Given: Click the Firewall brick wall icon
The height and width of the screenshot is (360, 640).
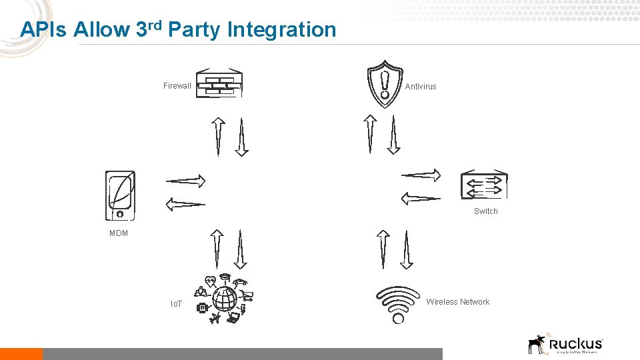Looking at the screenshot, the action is coord(219,83).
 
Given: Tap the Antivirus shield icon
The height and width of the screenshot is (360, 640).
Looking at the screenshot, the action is coord(385,84).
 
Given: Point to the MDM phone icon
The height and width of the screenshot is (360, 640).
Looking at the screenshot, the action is coord(120,195).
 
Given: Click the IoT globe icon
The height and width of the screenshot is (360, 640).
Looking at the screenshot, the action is coord(225,299).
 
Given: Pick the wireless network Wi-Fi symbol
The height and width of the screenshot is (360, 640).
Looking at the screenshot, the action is coord(399,305).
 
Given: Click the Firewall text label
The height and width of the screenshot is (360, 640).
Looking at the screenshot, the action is coord(177,86).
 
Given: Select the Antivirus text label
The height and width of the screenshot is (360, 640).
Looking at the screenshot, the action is coord(421,87).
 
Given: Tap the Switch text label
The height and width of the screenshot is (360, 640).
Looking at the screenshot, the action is coord(485,211).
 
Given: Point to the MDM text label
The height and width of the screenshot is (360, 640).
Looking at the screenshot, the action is coord(119,233).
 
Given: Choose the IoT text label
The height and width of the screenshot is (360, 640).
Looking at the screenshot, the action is coord(177,304).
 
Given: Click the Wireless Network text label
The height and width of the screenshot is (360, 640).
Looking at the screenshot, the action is coord(458,302).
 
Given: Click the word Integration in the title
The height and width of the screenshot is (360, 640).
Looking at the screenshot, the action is coord(281,30).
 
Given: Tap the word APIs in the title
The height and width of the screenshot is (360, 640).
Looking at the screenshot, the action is coord(44,30).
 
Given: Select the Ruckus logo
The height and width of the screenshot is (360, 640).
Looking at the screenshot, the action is coord(565,343).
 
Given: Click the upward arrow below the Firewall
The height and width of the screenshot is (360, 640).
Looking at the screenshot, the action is coord(218,136).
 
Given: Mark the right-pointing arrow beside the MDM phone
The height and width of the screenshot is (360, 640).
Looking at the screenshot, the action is coord(185,180).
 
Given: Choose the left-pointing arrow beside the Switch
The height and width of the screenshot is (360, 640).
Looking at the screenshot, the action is coord(421,198).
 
